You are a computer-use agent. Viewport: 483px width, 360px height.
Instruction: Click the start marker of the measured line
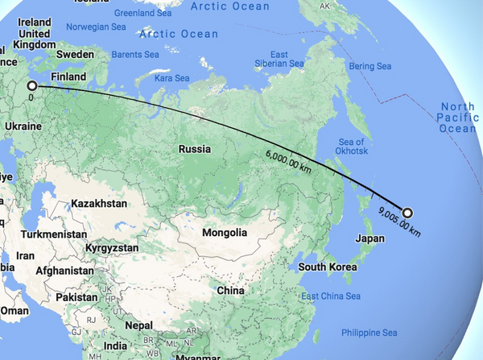pos(32,85)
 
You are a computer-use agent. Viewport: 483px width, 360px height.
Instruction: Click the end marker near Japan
pos(407,213)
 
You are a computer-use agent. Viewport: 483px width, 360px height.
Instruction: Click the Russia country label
pos(195,149)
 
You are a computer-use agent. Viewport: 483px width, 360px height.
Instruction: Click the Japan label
pos(370,238)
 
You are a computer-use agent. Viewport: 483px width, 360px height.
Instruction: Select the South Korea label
pos(328,267)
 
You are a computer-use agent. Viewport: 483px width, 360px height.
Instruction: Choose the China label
pos(230,290)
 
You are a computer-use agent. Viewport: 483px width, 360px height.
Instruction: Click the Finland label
pos(68,77)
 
